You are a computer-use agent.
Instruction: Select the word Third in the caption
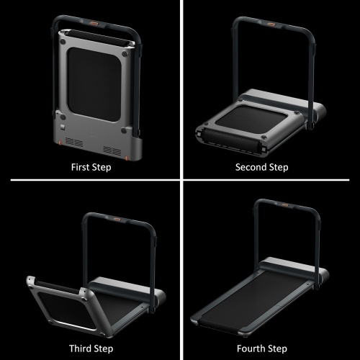tap(80, 348)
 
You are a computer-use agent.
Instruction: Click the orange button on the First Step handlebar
tap(95, 24)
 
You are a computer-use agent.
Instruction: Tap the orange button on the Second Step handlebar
tap(271, 24)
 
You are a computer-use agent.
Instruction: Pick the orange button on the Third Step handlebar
tap(118, 219)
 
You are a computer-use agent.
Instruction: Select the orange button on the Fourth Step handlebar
tap(285, 205)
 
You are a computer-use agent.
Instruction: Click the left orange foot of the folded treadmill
tap(60, 143)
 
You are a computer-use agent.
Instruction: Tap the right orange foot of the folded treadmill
tap(127, 158)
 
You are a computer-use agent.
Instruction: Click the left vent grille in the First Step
tap(74, 143)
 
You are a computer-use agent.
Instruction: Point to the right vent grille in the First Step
tap(112, 150)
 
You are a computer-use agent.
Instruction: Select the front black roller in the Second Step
tap(230, 139)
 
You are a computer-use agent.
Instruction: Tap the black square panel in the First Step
tap(94, 84)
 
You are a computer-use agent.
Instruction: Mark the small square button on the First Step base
tap(63, 127)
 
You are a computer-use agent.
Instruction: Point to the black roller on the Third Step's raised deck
tap(58, 287)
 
